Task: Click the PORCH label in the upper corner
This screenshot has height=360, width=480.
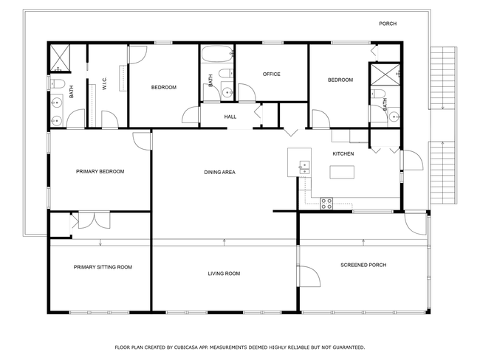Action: click(388, 24)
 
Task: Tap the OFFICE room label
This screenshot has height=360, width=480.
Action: click(271, 74)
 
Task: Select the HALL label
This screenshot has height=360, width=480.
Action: click(230, 117)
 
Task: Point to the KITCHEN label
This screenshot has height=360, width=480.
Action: click(343, 153)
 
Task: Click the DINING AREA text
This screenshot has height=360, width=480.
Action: click(219, 172)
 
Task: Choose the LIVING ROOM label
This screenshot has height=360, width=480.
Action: click(224, 274)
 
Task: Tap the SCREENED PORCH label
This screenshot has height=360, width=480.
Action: click(363, 265)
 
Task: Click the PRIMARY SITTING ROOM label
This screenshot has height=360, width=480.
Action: click(103, 267)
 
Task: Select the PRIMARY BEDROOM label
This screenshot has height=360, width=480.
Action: click(100, 171)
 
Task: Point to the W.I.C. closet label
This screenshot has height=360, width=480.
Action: click(104, 83)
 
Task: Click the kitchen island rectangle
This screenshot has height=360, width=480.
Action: click(342, 172)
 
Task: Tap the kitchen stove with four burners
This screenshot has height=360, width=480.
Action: click(326, 204)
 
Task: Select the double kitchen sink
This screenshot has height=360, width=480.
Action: click(304, 167)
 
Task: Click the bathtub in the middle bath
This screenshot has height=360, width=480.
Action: click(216, 54)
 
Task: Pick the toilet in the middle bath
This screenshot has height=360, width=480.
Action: click(226, 74)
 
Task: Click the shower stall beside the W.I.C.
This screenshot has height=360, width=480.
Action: click(60, 58)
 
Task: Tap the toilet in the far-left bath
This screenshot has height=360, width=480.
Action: click(58, 83)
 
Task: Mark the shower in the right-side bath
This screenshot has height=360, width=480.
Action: click(385, 75)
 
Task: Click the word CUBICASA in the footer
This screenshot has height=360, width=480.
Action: click(186, 347)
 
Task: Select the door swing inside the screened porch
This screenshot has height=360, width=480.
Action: click(310, 276)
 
